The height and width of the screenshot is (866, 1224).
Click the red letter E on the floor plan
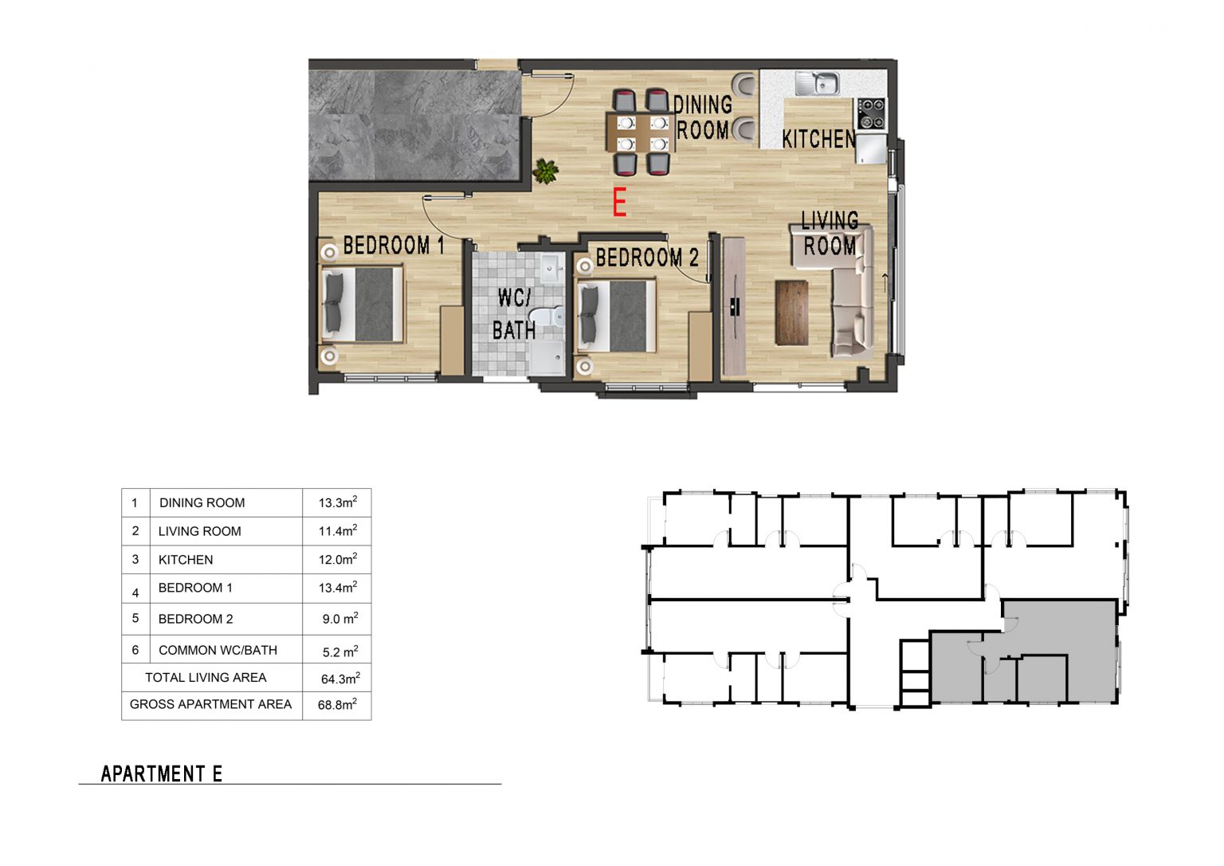click(x=619, y=202)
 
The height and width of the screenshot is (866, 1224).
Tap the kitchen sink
click(x=818, y=83)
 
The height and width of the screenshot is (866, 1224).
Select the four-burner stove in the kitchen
click(x=871, y=114)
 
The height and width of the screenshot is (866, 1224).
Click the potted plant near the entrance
click(x=545, y=171)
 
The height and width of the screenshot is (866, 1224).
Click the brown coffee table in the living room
click(x=791, y=313)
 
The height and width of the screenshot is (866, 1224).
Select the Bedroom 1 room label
click(x=394, y=246)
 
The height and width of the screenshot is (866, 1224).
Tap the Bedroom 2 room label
click(x=647, y=258)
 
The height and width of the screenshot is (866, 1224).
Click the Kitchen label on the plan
click(x=818, y=139)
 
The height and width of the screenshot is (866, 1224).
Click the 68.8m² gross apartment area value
click(x=337, y=704)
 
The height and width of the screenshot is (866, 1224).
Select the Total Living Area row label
click(x=206, y=677)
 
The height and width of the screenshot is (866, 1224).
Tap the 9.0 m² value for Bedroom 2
click(x=340, y=618)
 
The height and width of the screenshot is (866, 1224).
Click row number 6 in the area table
click(x=135, y=649)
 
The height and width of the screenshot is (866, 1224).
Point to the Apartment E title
click(x=161, y=773)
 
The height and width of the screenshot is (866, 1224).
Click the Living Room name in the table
click(x=199, y=531)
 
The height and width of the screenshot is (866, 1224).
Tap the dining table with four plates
click(x=641, y=132)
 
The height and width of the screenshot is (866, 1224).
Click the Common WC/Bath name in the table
click(x=218, y=650)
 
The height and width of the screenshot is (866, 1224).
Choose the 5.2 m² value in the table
click(x=340, y=651)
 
